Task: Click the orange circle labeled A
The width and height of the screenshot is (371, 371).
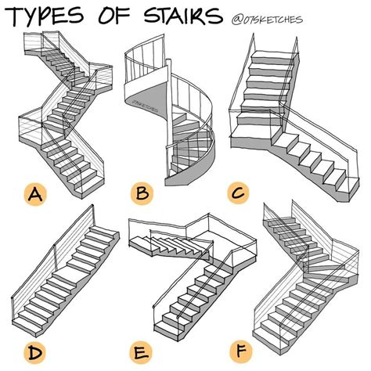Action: tap(35, 195)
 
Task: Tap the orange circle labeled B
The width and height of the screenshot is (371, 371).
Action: tap(142, 193)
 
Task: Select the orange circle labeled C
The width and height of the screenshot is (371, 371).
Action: tap(238, 193)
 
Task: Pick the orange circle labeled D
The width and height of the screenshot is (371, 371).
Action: tap(35, 353)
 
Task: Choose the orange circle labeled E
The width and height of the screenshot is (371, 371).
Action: tap(141, 352)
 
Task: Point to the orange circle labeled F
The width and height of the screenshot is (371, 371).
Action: tap(241, 350)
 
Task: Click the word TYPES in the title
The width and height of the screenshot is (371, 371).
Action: tap(45, 16)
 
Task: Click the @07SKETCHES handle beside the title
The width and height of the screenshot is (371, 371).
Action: tap(267, 20)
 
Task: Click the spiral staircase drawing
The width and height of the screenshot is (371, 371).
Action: tap(170, 110)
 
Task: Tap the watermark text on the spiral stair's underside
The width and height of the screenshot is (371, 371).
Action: tap(145, 106)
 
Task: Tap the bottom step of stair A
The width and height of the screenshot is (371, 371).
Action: tap(89, 187)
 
